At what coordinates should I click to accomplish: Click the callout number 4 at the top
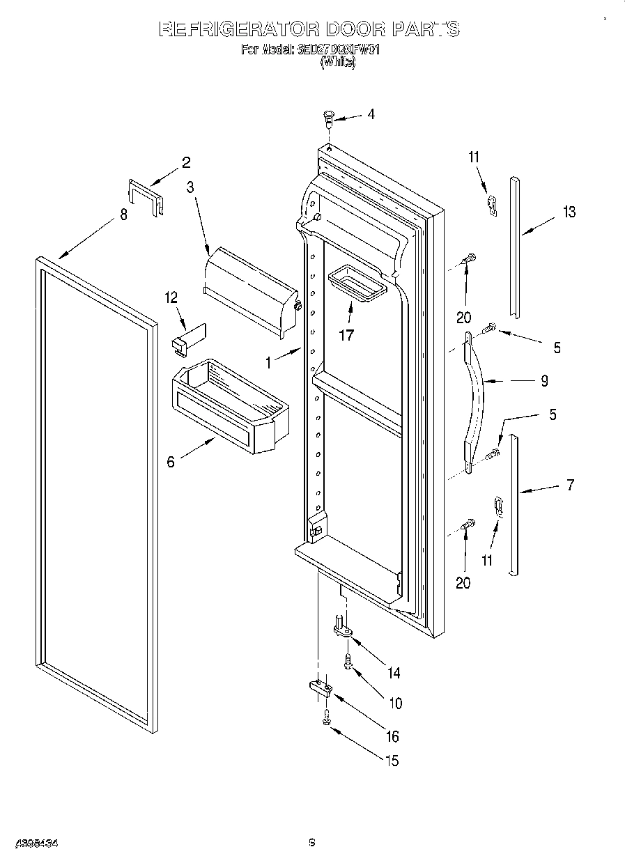pos(371,114)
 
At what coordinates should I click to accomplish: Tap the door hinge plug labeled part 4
pos(329,118)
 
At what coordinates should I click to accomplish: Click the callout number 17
pos(346,335)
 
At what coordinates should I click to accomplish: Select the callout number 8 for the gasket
pos(123,215)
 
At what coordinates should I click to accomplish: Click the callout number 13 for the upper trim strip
pos(569,212)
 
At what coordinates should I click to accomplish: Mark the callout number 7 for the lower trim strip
pos(570,485)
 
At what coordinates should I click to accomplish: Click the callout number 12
pos(171,297)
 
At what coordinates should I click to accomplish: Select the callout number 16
pos(392,736)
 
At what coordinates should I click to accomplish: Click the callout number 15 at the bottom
pos(392,761)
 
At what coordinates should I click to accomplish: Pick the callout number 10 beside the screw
pos(395,703)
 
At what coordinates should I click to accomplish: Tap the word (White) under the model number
pos(337,62)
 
